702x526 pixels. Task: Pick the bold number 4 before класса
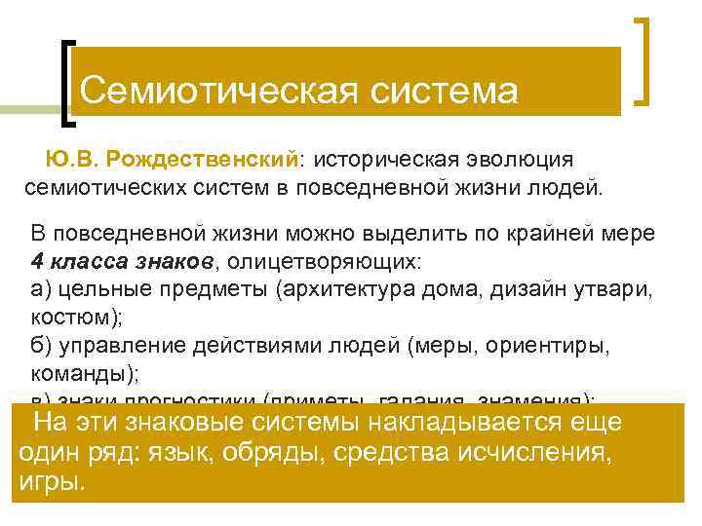36,261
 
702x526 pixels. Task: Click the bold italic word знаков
174,261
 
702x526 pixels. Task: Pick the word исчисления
532,453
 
